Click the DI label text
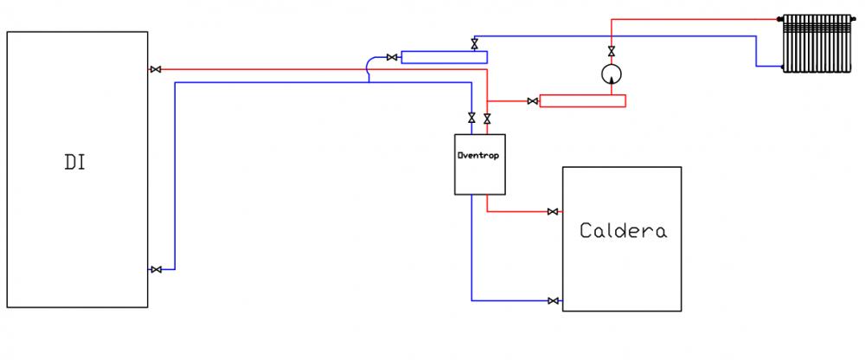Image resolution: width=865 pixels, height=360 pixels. (75, 163)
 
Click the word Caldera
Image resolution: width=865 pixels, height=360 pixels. (623, 230)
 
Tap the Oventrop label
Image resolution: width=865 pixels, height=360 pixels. (478, 155)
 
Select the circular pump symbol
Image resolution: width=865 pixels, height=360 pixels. (612, 73)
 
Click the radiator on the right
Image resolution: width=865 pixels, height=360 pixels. (817, 43)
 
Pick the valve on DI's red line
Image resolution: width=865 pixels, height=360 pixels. (156, 69)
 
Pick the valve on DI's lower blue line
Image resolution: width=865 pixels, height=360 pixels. (156, 269)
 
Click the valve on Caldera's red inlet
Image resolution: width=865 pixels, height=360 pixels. (553, 211)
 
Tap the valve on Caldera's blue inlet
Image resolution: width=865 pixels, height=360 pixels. (553, 301)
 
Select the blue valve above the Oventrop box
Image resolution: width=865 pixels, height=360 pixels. (471, 118)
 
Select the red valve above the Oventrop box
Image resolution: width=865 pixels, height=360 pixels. (487, 119)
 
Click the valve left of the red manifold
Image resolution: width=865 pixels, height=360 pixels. (533, 101)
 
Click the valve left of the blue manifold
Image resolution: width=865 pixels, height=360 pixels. (392, 57)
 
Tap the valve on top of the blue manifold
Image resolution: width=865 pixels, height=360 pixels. (474, 44)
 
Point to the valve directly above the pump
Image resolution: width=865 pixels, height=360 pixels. (612, 51)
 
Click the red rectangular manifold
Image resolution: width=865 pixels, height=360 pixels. (582, 101)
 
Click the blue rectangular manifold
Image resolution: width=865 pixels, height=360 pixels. (444, 57)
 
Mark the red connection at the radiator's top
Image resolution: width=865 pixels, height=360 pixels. (780, 19)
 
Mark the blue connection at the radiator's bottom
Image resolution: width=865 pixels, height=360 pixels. (781, 67)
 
